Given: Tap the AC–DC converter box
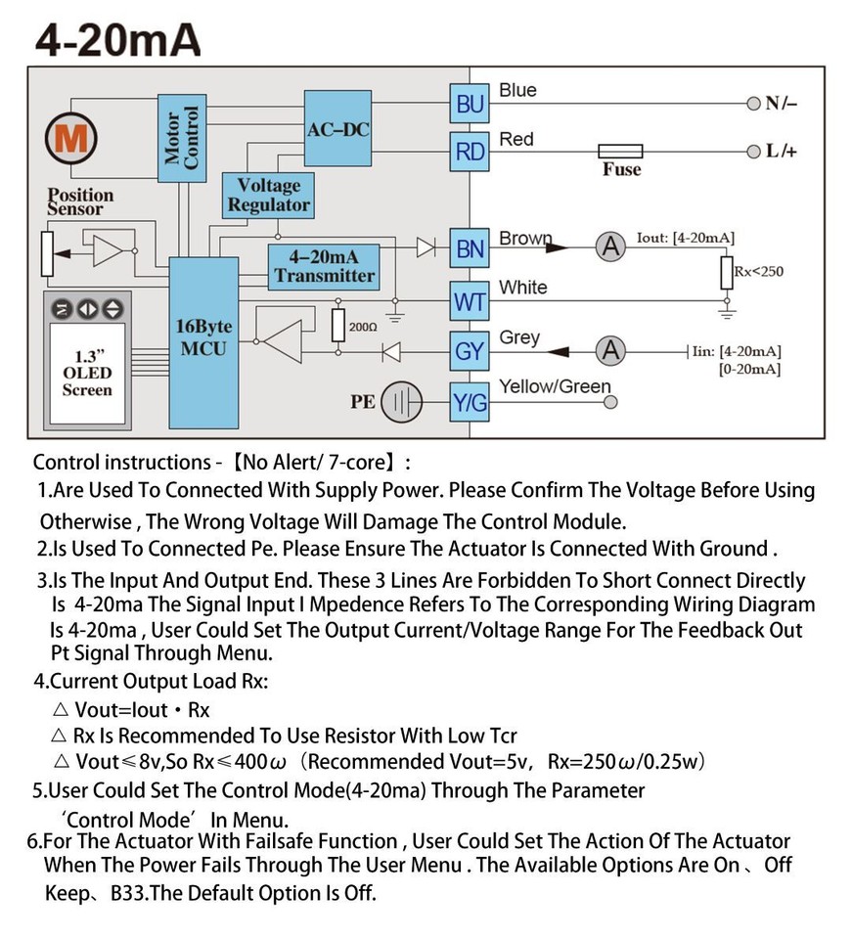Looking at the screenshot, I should (x=338, y=129).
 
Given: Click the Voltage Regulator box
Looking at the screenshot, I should (x=269, y=195).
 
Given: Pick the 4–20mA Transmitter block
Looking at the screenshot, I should (x=324, y=266).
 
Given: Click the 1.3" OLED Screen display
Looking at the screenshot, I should (x=88, y=373).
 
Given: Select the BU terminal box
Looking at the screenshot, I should (x=470, y=104).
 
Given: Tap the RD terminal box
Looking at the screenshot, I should (x=470, y=152).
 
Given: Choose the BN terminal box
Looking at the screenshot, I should (x=470, y=249).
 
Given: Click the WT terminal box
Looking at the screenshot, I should (x=470, y=302).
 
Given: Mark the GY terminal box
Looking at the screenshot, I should (x=470, y=350).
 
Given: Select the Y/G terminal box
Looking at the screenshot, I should (x=470, y=402).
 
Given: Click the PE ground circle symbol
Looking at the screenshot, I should (x=401, y=402).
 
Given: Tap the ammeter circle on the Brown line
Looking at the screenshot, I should (x=611, y=248).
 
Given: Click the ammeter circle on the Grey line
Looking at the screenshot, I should (x=611, y=350).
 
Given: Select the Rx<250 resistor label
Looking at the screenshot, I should (x=758, y=271).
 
